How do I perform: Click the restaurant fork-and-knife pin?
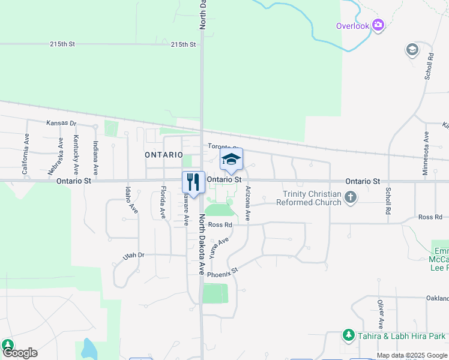(193, 181)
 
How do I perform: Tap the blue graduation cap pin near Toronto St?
(231, 160)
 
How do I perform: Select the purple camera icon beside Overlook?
(378, 25)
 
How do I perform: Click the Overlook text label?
(352, 26)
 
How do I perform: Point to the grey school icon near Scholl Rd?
(412, 50)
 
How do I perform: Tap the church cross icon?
(351, 197)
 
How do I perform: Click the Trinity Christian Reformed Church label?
(309, 198)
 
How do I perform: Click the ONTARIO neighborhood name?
(163, 155)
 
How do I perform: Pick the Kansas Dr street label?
(62, 123)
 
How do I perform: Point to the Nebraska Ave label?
(61, 152)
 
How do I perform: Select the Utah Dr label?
(134, 256)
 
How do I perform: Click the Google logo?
(19, 353)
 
